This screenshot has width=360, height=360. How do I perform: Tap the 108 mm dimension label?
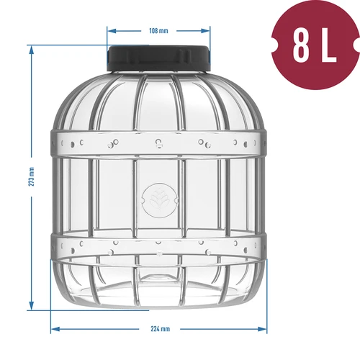(x=158, y=32)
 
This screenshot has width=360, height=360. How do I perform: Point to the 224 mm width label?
(x=161, y=329)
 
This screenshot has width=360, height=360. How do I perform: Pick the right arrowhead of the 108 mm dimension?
(x=209, y=32)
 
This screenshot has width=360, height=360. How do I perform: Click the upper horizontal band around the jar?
(x=159, y=143)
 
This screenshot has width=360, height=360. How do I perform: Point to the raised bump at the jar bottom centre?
(x=159, y=277)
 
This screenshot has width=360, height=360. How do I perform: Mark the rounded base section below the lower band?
(x=159, y=288)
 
